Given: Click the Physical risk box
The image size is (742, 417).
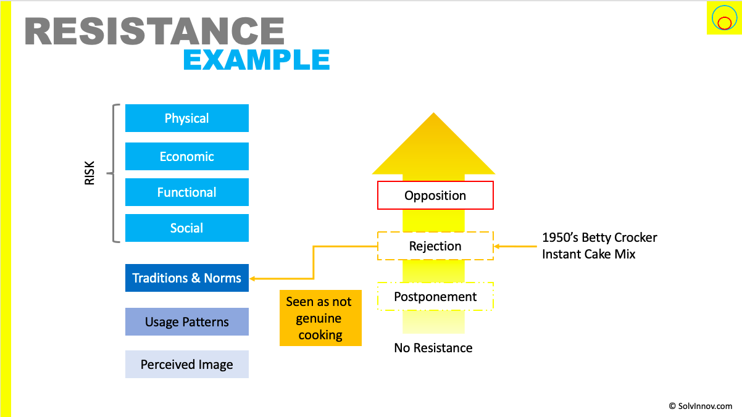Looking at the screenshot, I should point(186,118).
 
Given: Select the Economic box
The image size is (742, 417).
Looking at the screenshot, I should point(186,156).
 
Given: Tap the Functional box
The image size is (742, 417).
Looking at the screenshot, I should point(186,192).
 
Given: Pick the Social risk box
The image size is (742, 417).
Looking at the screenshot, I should point(186,228).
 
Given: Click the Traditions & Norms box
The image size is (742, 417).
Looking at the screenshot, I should point(186,278).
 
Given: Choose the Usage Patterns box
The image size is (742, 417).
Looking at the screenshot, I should point(186,321).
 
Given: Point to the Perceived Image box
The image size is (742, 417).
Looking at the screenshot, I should point(186,364).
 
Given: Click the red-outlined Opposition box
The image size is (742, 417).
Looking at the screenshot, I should point(435,196).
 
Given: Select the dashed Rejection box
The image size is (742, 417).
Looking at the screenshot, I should point(435,246).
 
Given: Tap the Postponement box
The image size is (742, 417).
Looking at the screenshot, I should point(435,297).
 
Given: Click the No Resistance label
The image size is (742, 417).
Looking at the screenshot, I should point(433,348).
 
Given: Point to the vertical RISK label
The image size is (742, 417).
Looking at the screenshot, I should point(90,173).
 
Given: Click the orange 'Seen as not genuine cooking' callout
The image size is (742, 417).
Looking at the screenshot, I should point(320,318).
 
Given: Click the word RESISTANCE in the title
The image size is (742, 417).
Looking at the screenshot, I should point(154,31).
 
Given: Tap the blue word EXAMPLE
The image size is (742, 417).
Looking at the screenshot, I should point(256,60).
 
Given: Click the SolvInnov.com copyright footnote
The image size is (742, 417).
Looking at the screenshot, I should point(700,406).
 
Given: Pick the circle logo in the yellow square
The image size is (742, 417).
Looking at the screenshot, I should point(723,19).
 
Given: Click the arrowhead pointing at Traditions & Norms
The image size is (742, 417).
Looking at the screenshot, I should point(253,278).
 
